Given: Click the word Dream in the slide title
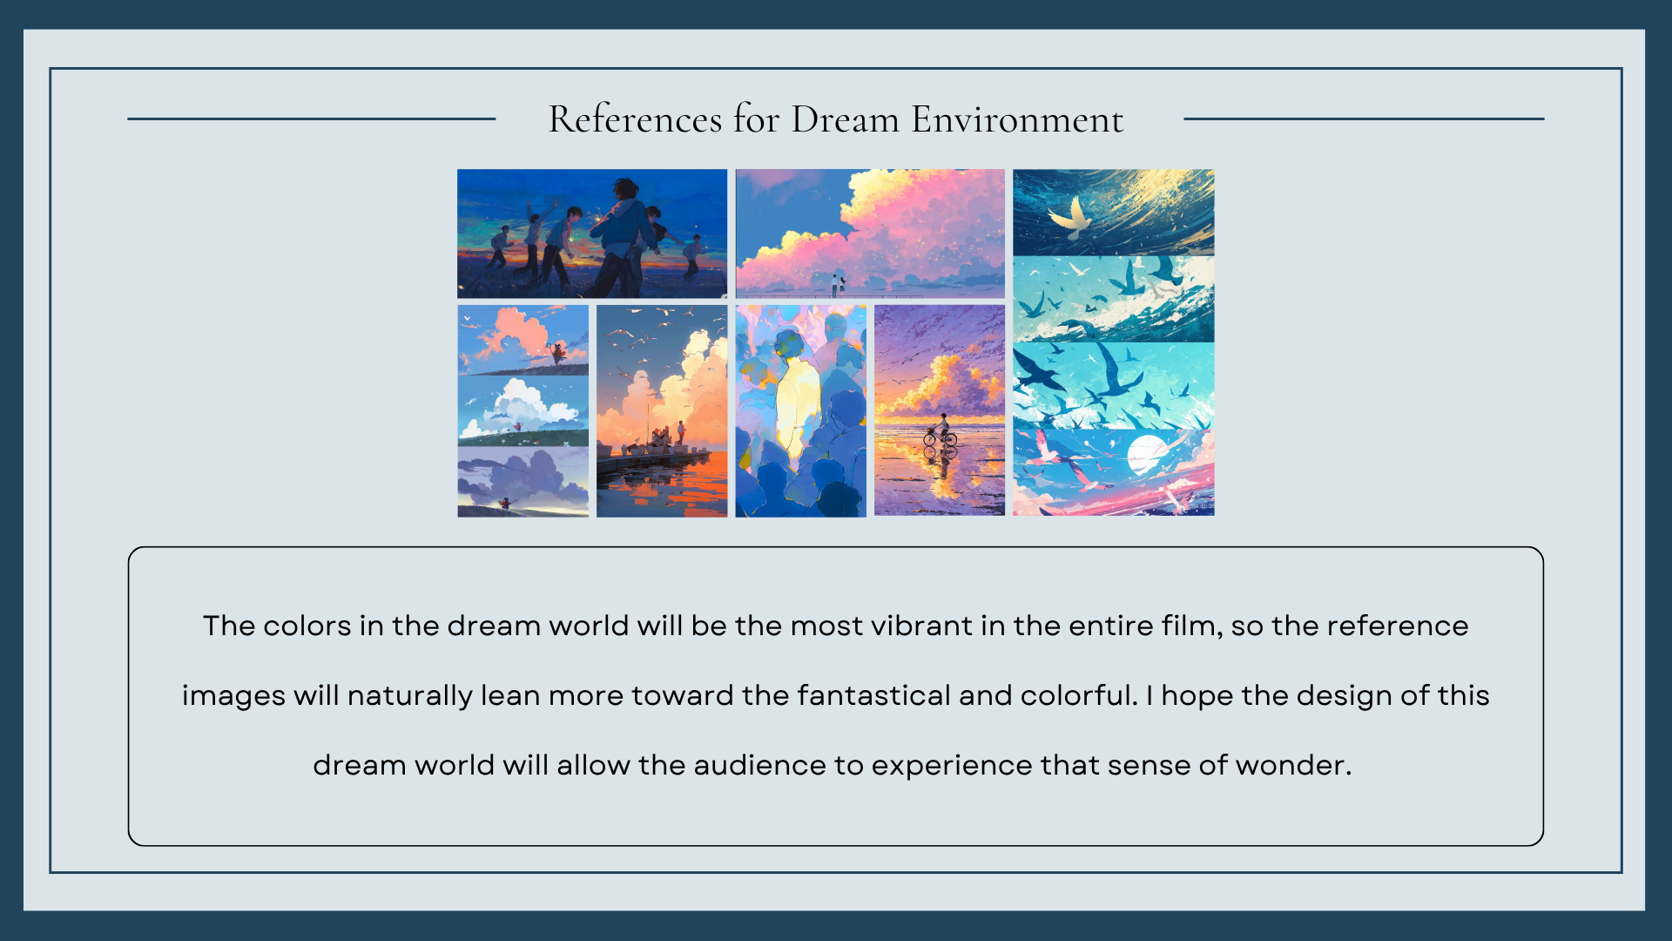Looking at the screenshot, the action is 845,119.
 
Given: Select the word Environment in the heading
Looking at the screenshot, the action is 1017,119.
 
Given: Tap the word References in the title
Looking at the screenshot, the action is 635,119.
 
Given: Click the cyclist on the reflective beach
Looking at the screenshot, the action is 940,430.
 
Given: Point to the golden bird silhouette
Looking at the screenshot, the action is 1072,218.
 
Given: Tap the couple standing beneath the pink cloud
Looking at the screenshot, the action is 838,283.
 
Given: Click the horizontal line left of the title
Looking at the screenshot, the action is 312,118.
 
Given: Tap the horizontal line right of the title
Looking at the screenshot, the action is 1364,118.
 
